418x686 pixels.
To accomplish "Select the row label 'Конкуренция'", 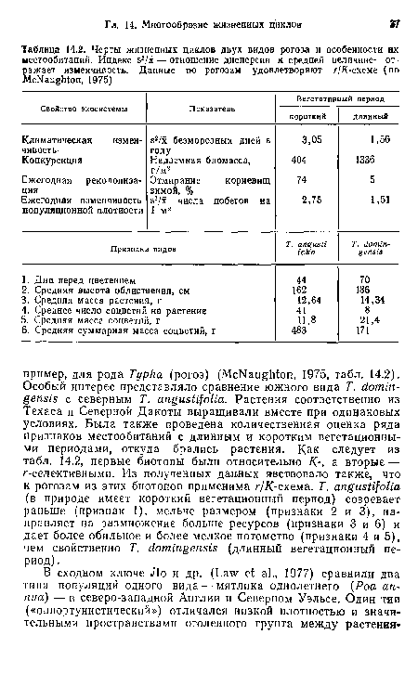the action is pos(52,159).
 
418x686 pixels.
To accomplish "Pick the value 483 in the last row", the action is pos(300,330).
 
